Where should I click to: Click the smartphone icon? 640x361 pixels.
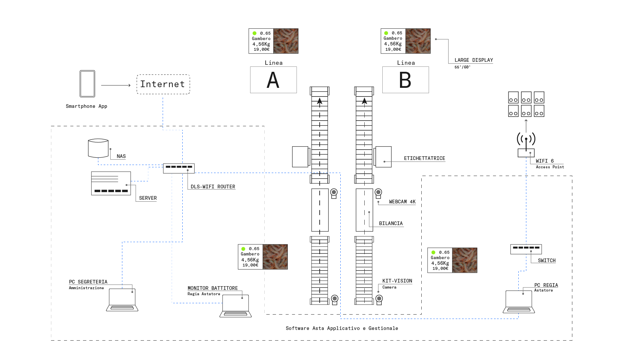(87, 83)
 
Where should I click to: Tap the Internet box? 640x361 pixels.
(163, 84)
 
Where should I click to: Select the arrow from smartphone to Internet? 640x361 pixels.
(115, 85)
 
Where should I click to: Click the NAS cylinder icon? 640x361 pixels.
(98, 148)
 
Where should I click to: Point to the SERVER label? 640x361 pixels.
(148, 198)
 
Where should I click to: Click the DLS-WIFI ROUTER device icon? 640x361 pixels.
(179, 168)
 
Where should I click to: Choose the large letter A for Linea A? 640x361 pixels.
(273, 80)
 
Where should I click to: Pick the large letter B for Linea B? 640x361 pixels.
(405, 80)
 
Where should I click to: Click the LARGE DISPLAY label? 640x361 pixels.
(473, 60)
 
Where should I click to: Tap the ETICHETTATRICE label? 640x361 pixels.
(424, 158)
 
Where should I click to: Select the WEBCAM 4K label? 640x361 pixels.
(402, 202)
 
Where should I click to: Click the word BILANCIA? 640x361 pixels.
(391, 223)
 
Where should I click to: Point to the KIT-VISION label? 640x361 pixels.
(397, 281)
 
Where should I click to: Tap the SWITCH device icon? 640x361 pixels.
(526, 249)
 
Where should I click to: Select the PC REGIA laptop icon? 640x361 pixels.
(519, 302)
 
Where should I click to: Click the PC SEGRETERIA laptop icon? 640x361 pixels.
(122, 300)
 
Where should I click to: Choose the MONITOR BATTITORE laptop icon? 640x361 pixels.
(235, 306)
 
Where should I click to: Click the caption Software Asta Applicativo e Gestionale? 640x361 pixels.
(342, 328)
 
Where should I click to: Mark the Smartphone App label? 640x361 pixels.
(86, 106)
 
